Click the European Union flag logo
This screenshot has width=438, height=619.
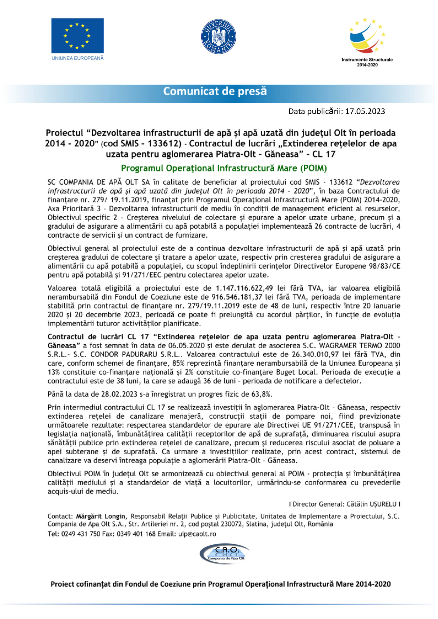click(x=77, y=36)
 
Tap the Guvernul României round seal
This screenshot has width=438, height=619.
click(x=219, y=37)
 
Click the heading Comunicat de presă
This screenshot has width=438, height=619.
click(x=215, y=91)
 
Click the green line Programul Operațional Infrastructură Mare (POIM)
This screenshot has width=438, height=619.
click(x=224, y=168)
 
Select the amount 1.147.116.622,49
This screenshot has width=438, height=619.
click(x=244, y=288)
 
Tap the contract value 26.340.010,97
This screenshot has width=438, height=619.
click(x=315, y=355)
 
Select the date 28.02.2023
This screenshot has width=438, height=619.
click(x=119, y=394)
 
